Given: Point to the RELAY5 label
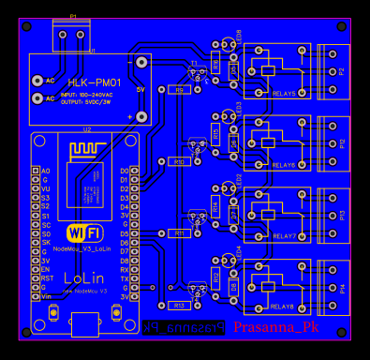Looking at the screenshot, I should tap(283, 94).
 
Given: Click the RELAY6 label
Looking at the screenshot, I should tap(283, 165).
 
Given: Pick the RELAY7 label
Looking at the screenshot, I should tap(283, 235).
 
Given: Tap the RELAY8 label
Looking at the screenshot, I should tap(283, 307).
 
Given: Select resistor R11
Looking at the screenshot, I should tap(180, 232).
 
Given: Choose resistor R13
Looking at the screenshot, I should tap(180, 305).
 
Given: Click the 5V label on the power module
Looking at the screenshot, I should tap(141, 89).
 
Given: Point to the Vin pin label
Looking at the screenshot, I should tap(45, 296).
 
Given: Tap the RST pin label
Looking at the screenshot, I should tap(45, 278).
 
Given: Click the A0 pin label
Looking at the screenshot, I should tap(45, 171).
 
